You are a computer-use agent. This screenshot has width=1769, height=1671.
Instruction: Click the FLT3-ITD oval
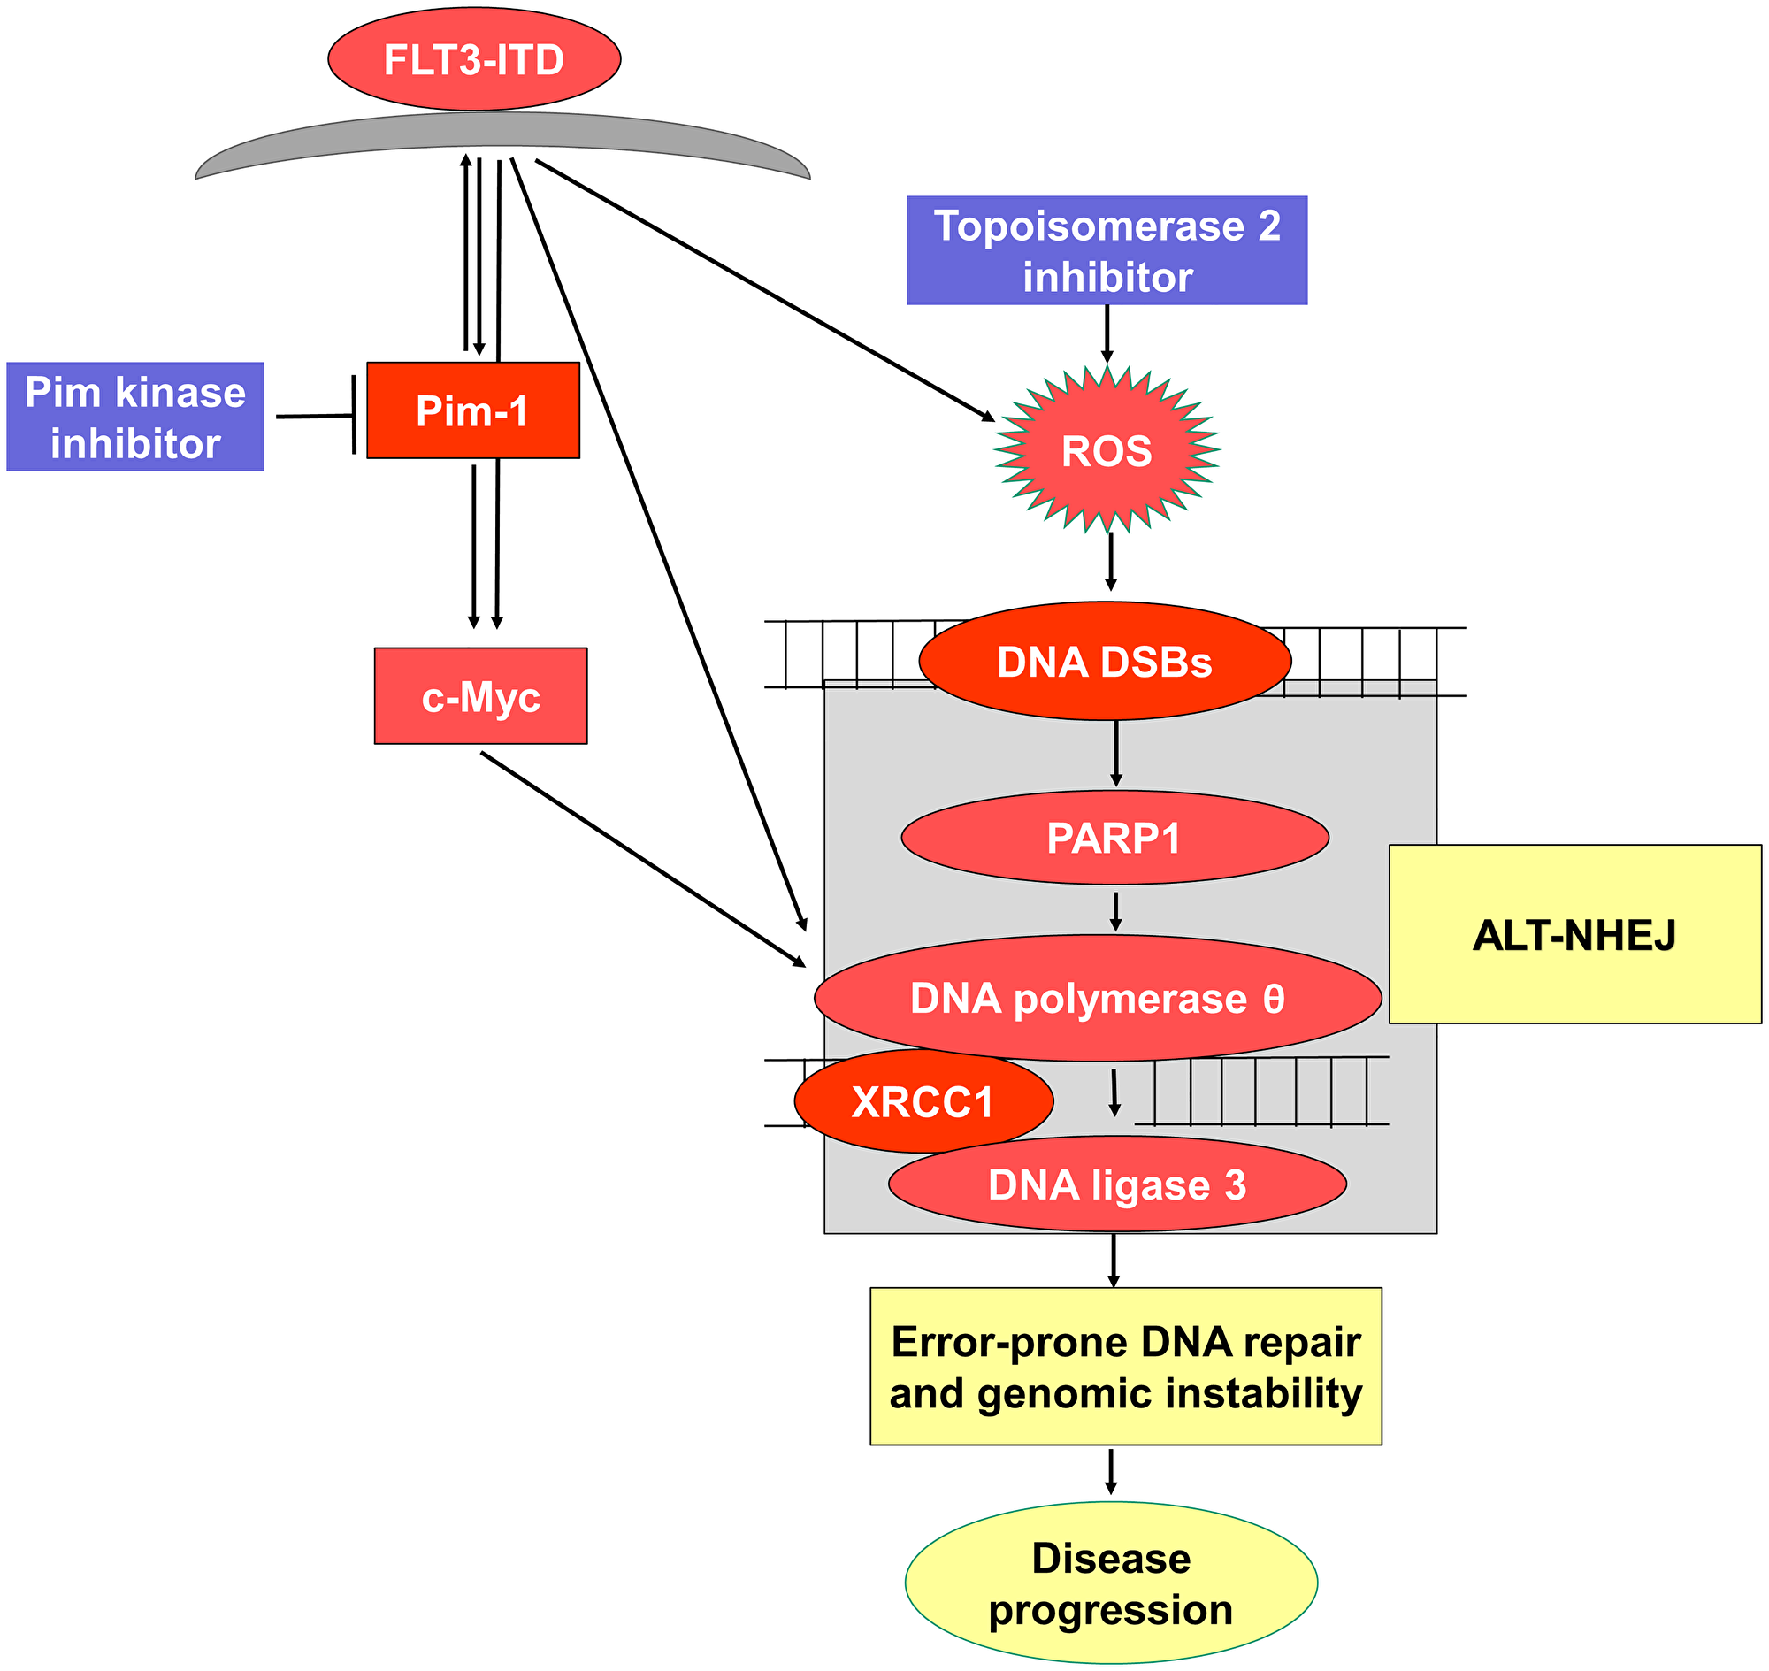click(x=474, y=59)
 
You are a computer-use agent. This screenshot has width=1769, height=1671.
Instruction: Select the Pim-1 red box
click(x=473, y=410)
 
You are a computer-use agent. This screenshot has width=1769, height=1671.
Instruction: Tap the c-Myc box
click(x=480, y=696)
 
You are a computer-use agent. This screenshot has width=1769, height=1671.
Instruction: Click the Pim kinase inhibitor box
click(x=135, y=417)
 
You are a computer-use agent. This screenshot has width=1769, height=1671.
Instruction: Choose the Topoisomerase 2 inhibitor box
click(x=1107, y=251)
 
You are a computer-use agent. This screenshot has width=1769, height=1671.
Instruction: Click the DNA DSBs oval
click(x=1105, y=662)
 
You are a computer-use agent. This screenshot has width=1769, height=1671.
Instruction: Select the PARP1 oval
click(x=1114, y=839)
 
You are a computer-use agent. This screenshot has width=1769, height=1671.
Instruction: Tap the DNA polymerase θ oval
click(x=1098, y=999)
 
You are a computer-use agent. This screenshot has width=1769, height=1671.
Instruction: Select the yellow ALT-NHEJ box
click(x=1574, y=935)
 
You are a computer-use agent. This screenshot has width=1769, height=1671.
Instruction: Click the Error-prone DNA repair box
click(x=1125, y=1368)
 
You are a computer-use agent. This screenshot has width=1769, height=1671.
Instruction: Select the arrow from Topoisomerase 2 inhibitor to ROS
click(x=1107, y=334)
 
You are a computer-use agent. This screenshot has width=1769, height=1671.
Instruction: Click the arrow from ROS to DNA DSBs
click(x=1110, y=561)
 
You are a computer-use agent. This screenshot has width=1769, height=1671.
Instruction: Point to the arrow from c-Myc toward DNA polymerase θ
click(x=641, y=858)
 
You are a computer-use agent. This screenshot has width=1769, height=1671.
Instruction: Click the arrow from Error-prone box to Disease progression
click(x=1110, y=1471)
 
